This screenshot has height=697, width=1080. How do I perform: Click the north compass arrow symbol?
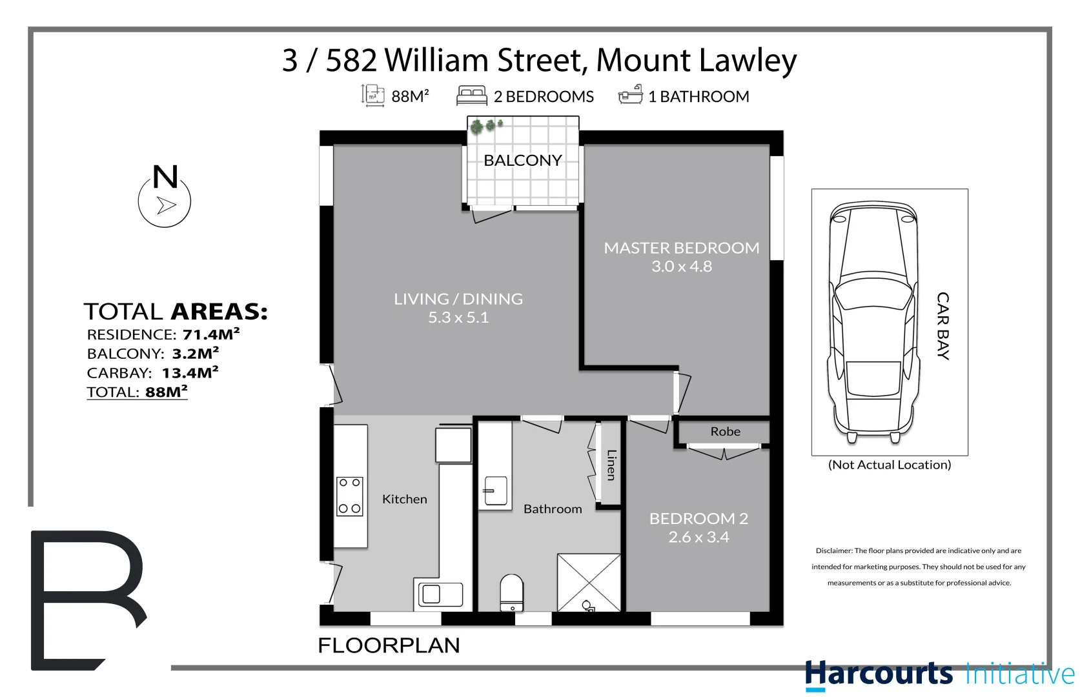click(166, 205)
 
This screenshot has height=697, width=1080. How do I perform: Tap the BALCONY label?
click(522, 161)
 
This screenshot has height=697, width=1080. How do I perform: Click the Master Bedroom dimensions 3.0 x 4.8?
click(681, 267)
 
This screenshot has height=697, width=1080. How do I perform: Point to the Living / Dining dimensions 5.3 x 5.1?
click(458, 318)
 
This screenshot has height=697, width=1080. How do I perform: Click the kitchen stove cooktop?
click(350, 496)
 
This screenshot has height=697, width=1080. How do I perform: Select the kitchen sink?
click(440, 594)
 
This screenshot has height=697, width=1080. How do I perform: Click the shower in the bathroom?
click(589, 582)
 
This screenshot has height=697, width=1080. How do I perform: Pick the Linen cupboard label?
click(611, 465)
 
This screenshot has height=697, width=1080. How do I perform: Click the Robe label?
click(725, 432)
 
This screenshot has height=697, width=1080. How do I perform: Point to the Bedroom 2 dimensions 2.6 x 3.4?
click(698, 537)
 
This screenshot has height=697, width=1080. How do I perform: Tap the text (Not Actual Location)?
click(889, 465)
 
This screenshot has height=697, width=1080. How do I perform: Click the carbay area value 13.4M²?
click(190, 373)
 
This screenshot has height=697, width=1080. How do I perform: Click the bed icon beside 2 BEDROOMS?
click(471, 96)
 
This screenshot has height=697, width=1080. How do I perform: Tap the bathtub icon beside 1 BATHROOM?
click(631, 96)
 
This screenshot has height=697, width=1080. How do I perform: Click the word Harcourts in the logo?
click(878, 674)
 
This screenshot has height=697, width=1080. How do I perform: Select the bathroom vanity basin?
click(495, 491)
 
